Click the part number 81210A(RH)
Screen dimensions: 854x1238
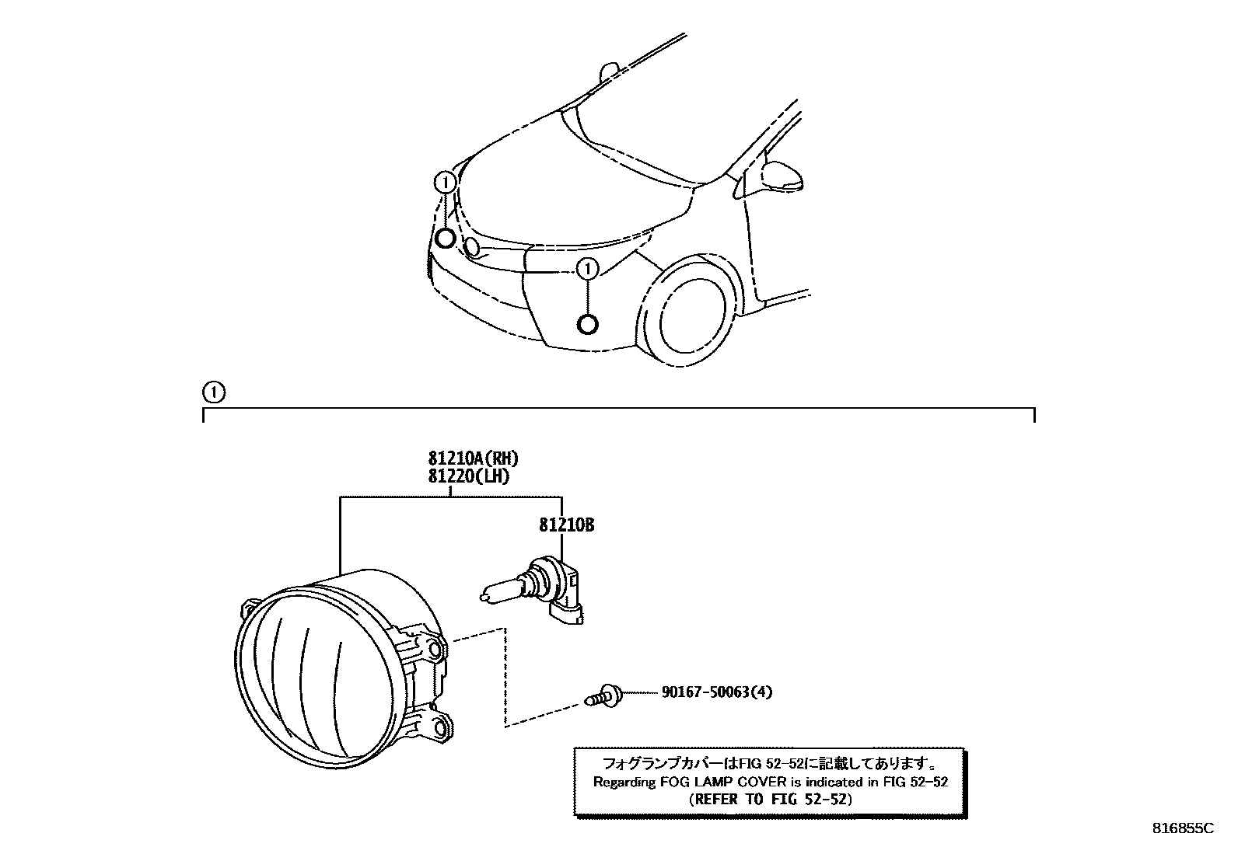coord(472,458)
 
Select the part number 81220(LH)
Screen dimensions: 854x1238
coord(468,476)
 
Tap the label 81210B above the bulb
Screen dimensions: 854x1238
coord(566,525)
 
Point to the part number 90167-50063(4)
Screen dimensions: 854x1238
coord(717,691)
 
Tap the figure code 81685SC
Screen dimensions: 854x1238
coord(1182,828)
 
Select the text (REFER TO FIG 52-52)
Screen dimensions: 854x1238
coord(770,799)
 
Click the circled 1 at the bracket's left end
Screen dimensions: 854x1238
coord(212,393)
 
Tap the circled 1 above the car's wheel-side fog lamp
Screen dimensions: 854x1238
coord(588,270)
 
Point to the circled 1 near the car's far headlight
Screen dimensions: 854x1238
coord(445,183)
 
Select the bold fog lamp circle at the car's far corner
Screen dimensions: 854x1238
coord(445,238)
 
